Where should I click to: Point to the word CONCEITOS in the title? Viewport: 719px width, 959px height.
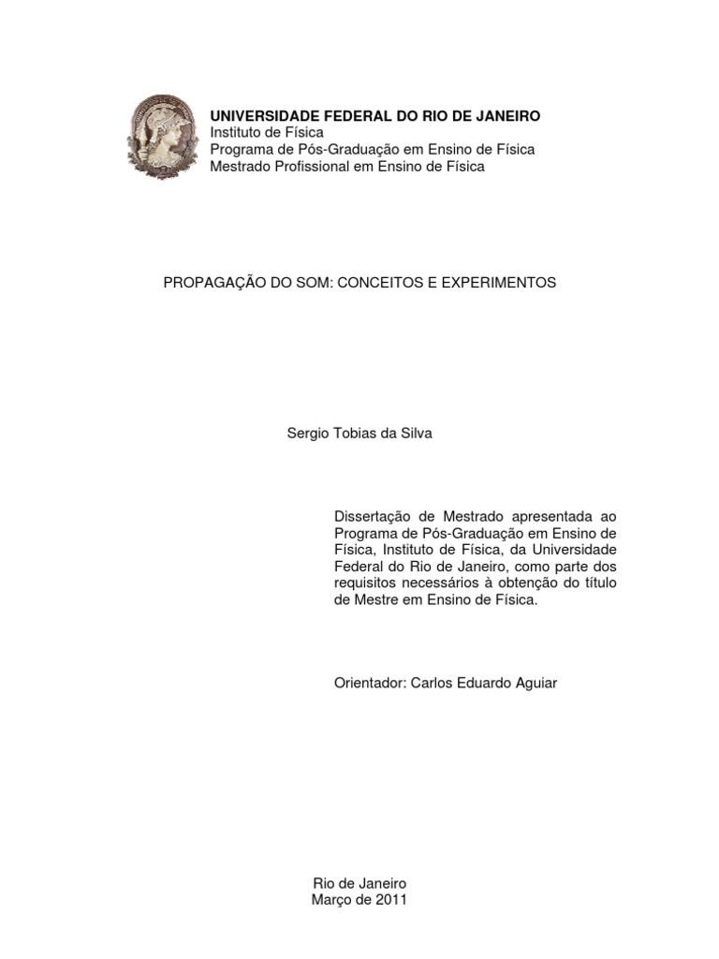click(x=372, y=282)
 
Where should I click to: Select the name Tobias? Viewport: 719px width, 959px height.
click(x=355, y=434)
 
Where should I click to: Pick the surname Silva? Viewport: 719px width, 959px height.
click(x=415, y=434)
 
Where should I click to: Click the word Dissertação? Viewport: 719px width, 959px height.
click(x=372, y=516)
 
